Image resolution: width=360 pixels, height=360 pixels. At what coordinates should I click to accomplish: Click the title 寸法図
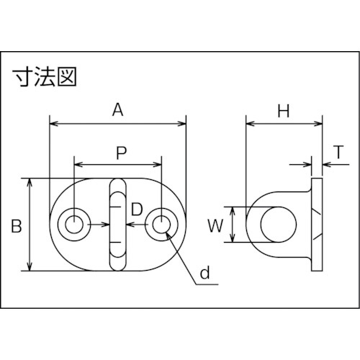point(45,77)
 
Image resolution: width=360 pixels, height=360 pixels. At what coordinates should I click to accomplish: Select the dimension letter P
point(121,153)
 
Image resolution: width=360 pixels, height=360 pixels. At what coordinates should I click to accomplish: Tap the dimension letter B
point(17,226)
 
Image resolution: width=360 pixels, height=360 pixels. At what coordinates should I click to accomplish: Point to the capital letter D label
point(137,210)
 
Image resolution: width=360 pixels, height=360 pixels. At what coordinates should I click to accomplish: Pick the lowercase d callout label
point(205,273)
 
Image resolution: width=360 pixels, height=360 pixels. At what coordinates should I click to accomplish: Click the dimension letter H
point(284,111)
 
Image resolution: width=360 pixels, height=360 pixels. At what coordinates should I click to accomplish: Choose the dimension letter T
point(338,152)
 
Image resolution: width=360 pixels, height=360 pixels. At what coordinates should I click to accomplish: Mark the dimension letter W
point(215,226)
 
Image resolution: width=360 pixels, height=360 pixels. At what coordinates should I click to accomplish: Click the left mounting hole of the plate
point(74,225)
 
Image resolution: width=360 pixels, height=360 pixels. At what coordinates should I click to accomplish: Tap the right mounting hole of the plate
point(161,225)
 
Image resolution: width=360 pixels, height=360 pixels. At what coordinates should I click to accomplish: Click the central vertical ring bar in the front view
point(118,225)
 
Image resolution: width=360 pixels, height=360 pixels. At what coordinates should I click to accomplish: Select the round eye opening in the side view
point(279,225)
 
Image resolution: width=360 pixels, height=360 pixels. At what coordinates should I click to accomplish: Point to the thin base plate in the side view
point(317,225)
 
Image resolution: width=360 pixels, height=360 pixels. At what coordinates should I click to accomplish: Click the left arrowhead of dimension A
point(53,124)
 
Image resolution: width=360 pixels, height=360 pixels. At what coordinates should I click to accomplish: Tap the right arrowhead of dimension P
point(158,164)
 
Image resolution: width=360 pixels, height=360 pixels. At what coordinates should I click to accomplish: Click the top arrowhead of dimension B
point(30,182)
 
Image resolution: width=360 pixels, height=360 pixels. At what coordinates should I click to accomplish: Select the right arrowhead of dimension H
point(319,124)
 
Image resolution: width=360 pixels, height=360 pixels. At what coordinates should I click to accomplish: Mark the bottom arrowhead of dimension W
point(232,239)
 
